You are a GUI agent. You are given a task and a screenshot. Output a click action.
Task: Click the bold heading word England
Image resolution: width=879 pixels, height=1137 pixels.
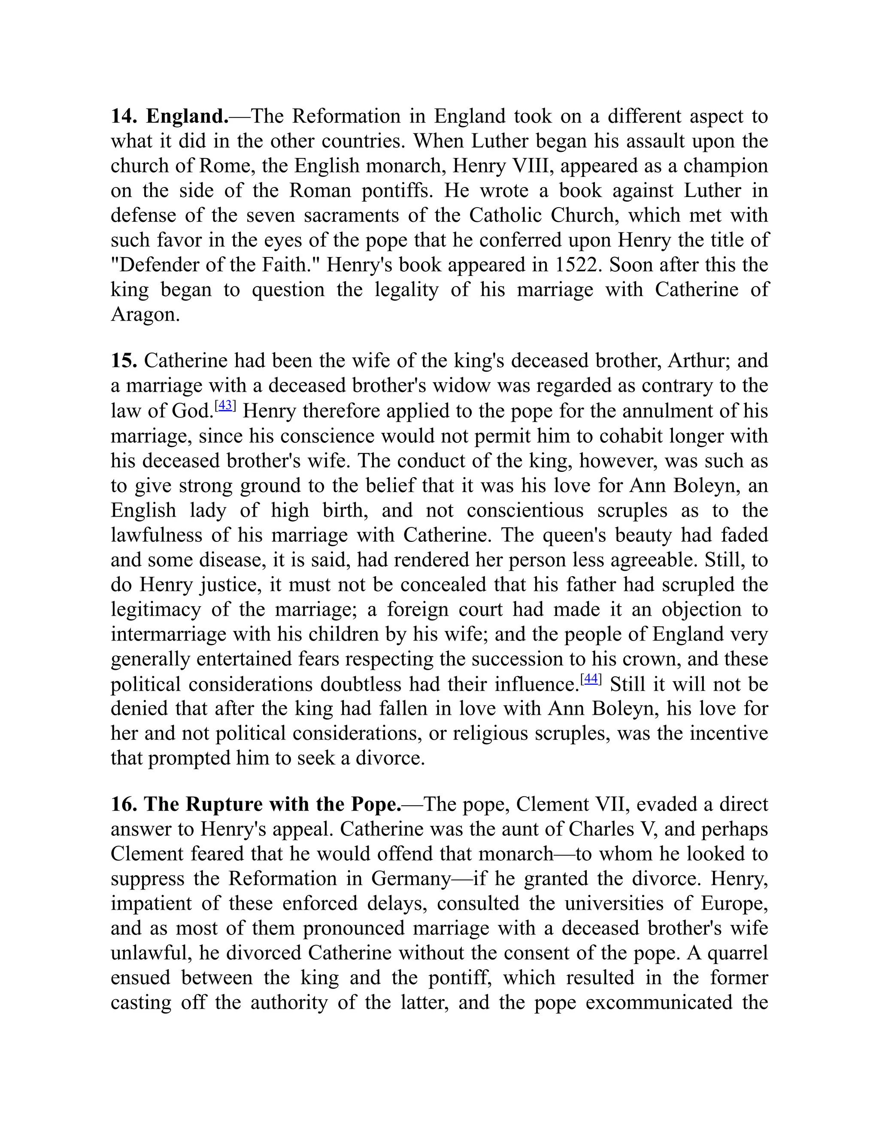point(186,116)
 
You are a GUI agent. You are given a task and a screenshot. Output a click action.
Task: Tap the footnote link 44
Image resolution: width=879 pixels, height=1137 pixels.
point(591,679)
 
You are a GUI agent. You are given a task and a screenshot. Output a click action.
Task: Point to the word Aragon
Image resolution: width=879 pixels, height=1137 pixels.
point(144,314)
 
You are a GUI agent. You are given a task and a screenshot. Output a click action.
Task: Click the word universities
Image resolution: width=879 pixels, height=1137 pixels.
point(614,903)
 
